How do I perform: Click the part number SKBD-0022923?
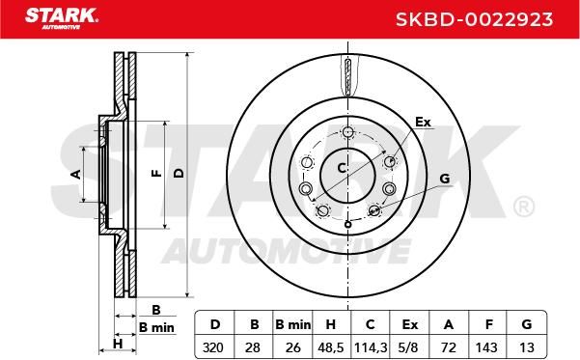point(474,19)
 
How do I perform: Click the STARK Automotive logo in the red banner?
point(62,18)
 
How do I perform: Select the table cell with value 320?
point(213,347)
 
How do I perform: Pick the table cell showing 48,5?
point(331,347)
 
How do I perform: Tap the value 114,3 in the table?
point(371,347)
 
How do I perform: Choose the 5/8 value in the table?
point(409,347)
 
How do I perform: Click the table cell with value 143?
point(486,347)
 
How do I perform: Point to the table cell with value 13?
point(526,347)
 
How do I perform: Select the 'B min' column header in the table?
point(293,324)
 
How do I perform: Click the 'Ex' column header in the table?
point(409,324)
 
